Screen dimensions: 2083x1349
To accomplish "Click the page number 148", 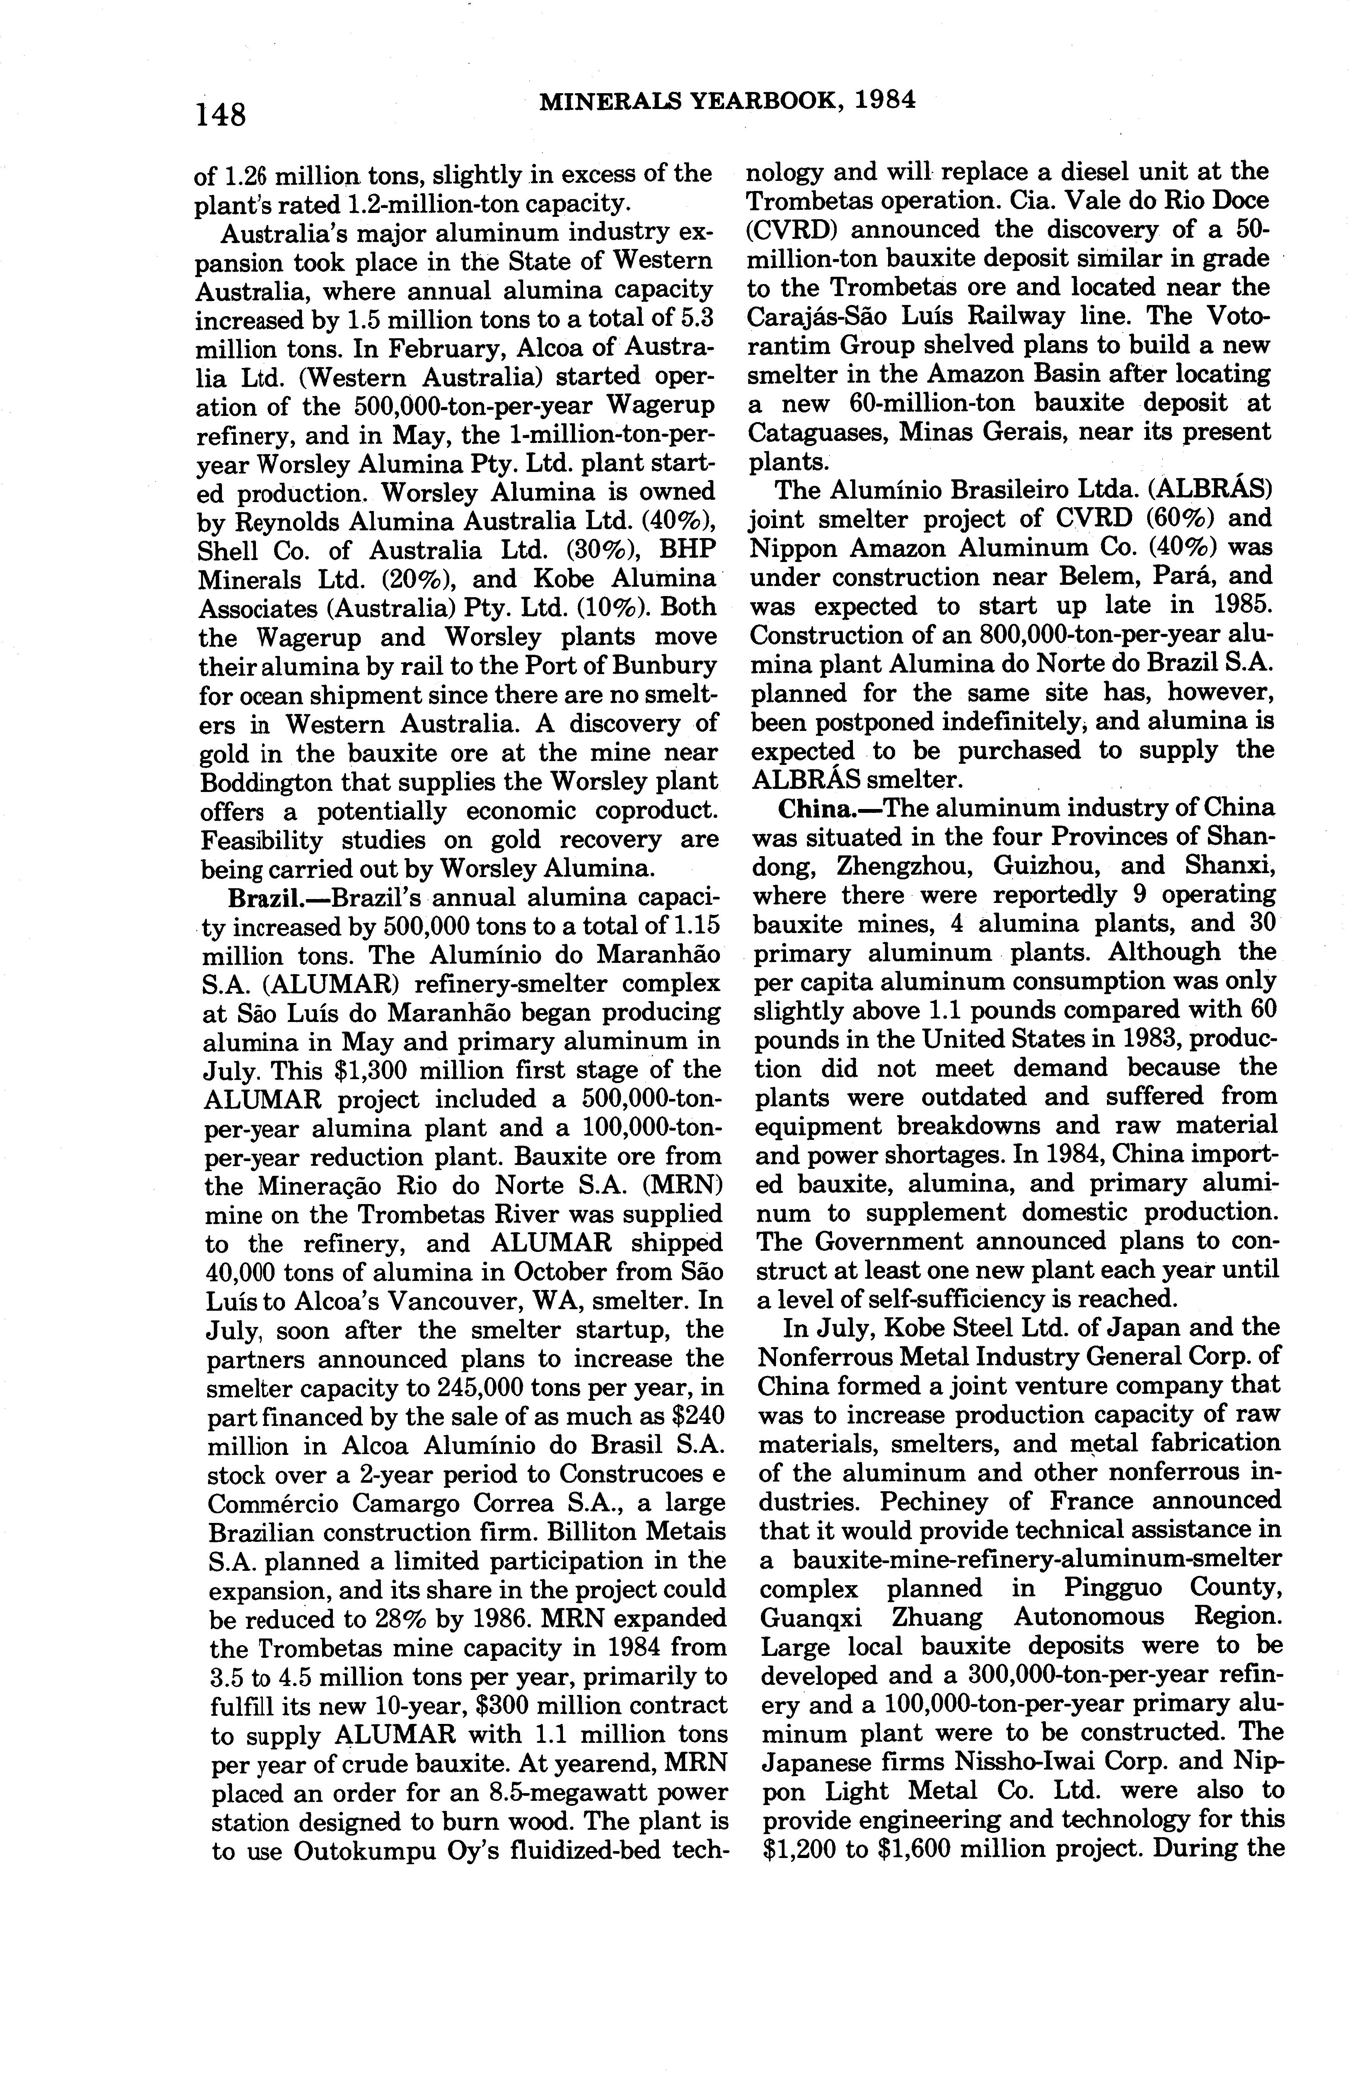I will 222,114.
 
